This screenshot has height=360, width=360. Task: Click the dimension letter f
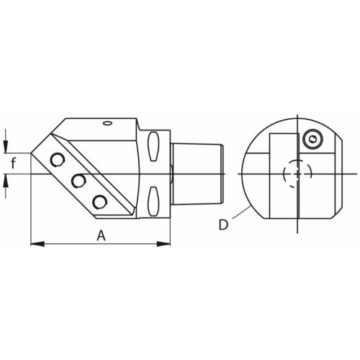(x=14, y=163)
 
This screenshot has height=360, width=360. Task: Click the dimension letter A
(x=101, y=235)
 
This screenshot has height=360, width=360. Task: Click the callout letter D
(x=223, y=225)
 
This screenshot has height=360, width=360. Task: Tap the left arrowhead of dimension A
(x=37, y=244)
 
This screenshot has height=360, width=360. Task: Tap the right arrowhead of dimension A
(x=163, y=244)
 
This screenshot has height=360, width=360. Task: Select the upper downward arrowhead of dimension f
(x=6, y=146)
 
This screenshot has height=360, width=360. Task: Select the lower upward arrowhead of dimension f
(x=6, y=181)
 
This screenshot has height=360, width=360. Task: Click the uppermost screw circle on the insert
(x=57, y=159)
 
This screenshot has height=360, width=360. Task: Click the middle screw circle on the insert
(x=78, y=181)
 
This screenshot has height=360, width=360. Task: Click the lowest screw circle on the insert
(x=99, y=202)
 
